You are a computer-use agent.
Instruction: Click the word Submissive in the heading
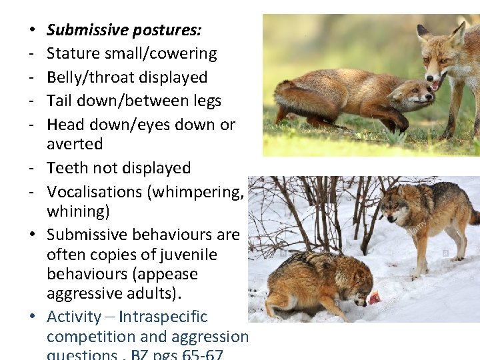pos(87,30)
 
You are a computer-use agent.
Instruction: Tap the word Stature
pos(71,53)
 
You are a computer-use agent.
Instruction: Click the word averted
pos(75,144)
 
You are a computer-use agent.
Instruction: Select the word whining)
pos(78,211)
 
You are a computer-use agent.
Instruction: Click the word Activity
pos(73,317)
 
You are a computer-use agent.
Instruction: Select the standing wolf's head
pos(397,212)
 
